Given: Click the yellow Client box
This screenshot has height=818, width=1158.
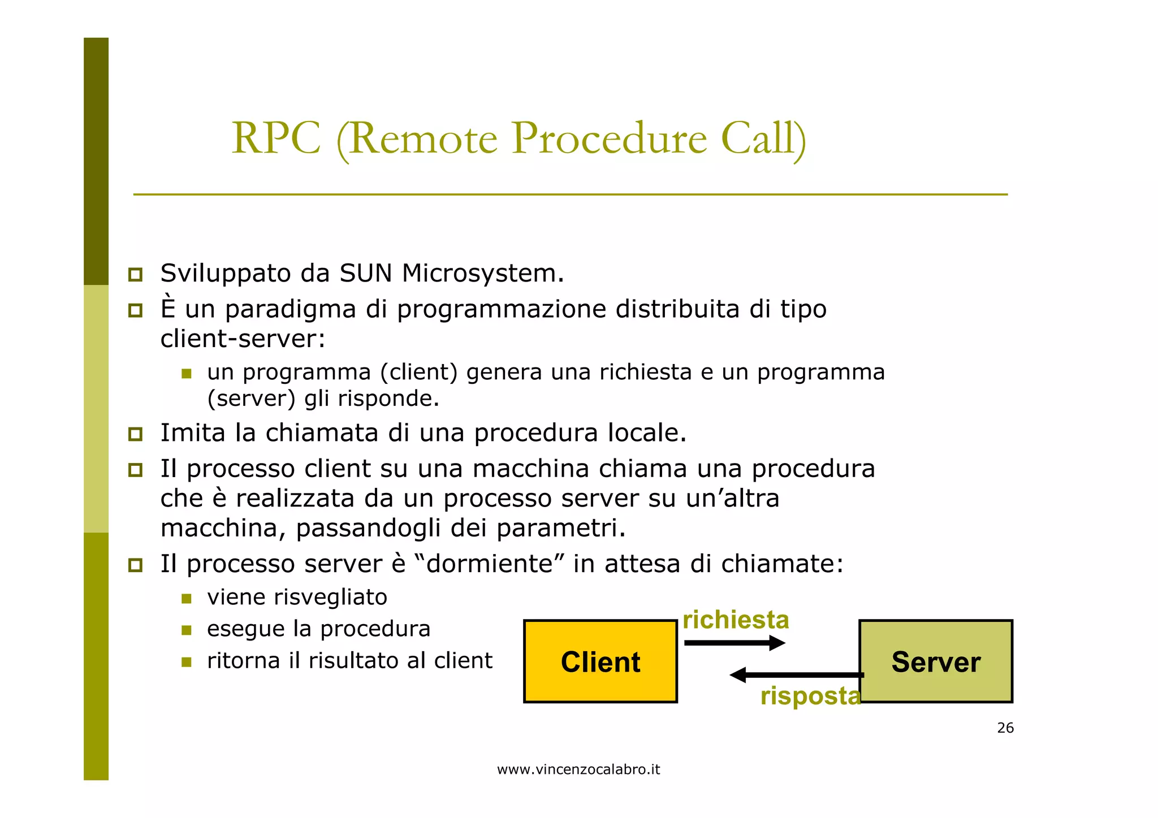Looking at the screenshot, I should pos(600,661).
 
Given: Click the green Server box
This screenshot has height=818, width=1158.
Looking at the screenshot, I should pos(936,661).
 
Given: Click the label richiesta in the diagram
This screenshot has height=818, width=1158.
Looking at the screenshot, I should pos(736,620).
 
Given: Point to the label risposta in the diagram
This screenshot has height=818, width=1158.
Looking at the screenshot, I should pos(810,696).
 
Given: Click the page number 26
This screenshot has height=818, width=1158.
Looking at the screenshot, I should pos(1005,728).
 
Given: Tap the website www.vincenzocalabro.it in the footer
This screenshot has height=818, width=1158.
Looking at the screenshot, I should pos(578,769).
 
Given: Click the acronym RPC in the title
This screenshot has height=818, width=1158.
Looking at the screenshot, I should pos(276,139).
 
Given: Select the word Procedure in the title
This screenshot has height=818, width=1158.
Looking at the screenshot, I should pos(609,139).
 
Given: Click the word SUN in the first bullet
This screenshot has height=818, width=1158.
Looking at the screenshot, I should pos(365,274).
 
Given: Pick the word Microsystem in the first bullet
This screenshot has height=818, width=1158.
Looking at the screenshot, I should pos(482,274).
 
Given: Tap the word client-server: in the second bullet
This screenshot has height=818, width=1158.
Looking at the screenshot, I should pos(243,339).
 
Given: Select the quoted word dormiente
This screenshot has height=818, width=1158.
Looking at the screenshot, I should pos(489,564).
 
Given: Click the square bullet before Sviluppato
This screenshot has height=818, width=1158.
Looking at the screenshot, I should pos(135,275).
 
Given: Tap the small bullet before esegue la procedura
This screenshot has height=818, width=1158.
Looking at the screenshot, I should pos(187,630).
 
